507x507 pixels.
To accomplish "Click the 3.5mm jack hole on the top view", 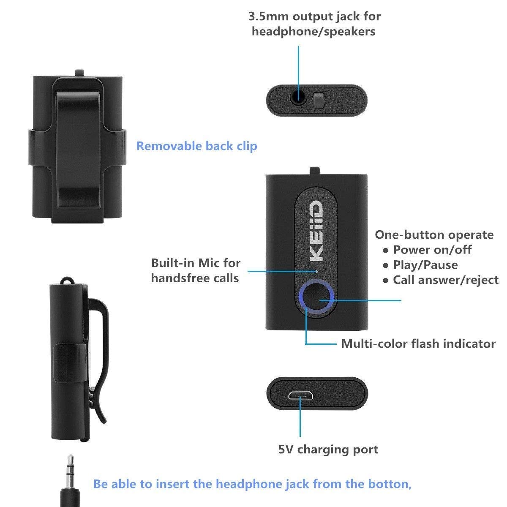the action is [x=299, y=99].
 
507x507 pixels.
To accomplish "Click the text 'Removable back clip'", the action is [x=196, y=146].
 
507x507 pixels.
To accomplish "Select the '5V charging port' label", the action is [x=328, y=449].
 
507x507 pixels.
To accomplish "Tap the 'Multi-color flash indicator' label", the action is [x=418, y=343].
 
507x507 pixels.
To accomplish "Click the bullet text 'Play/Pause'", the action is [x=425, y=265].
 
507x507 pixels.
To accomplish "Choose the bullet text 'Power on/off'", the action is [x=432, y=250].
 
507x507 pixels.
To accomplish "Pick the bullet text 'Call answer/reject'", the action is [x=445, y=280].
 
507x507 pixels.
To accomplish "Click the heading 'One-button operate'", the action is [x=434, y=234].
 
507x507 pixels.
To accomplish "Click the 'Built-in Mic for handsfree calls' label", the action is [x=196, y=270].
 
